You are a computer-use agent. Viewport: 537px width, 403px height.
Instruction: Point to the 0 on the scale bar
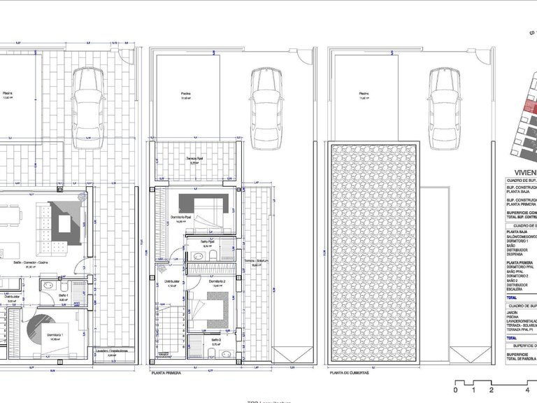pyautogui.click(x=456, y=390)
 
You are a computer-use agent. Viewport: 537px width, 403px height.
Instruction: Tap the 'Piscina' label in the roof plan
pyautogui.click(x=363, y=94)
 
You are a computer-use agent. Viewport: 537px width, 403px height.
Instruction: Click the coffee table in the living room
pyautogui.click(x=67, y=225)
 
